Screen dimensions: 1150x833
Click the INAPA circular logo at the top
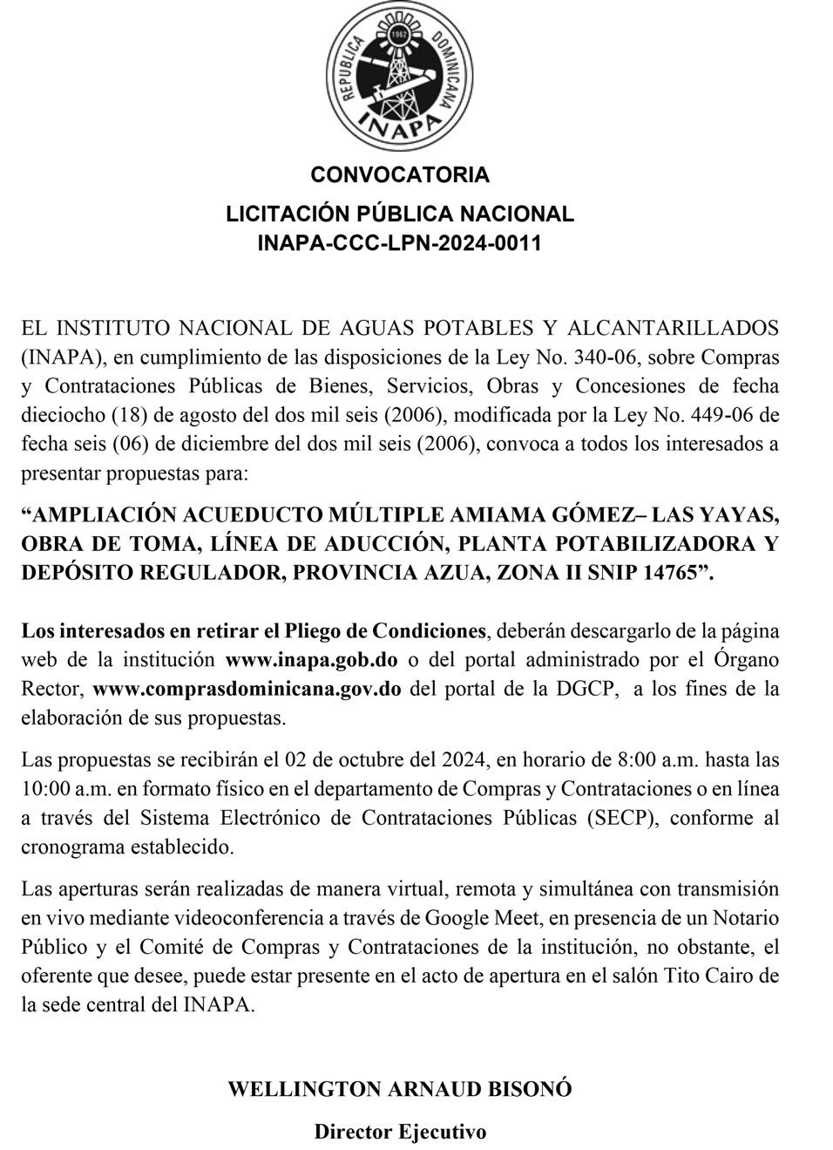(x=400, y=79)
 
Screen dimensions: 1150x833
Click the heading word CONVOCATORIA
(x=400, y=174)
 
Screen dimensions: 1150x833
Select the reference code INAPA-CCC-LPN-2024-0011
(x=399, y=242)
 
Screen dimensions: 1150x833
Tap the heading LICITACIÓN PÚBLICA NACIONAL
(x=400, y=214)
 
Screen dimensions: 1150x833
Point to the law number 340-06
(x=612, y=357)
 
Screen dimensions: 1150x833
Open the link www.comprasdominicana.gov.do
(x=247, y=689)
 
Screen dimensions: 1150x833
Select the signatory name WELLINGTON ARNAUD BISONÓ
(x=400, y=1089)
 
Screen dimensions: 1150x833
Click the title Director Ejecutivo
(x=400, y=1132)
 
